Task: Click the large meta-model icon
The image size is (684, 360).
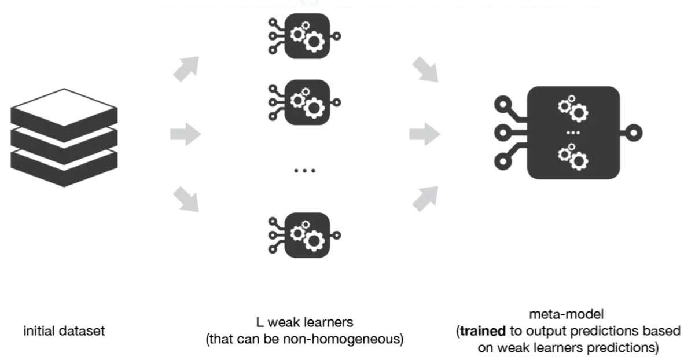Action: [573, 133]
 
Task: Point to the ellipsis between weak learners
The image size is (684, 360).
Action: [304, 170]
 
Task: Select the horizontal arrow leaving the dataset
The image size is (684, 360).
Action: [185, 135]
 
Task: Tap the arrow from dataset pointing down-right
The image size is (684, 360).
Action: [186, 200]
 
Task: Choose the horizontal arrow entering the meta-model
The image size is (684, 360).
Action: [425, 135]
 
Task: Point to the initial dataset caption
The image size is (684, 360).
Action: [64, 331]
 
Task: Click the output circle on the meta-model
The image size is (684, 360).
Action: [635, 133]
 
